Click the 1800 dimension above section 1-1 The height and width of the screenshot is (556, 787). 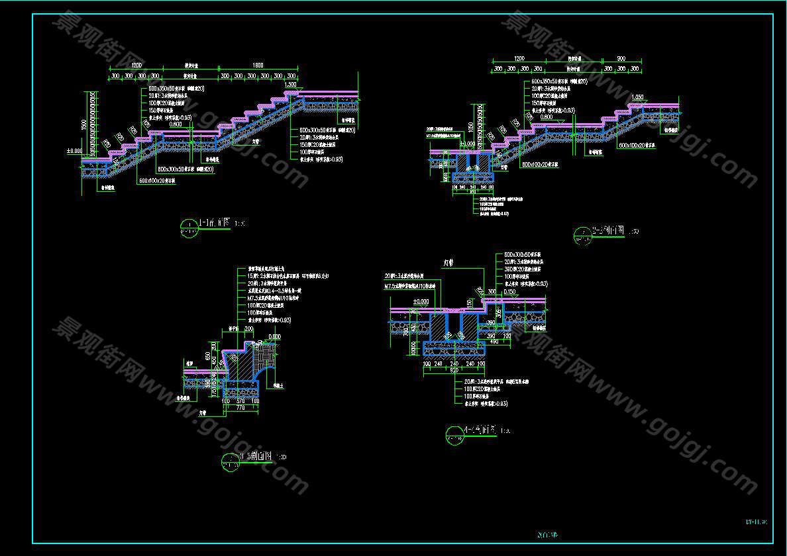click(x=258, y=66)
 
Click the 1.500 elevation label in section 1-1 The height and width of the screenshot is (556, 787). click(x=290, y=85)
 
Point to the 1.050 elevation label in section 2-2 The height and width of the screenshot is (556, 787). click(x=638, y=97)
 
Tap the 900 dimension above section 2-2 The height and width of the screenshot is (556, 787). click(x=621, y=59)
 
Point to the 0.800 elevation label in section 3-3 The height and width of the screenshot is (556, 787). click(x=274, y=336)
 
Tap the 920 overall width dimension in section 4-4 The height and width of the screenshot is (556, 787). click(x=455, y=371)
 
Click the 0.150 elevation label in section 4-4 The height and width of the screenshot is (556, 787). click(x=509, y=291)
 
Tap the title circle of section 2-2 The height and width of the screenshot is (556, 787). click(x=582, y=235)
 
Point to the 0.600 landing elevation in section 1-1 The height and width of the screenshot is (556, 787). click(x=175, y=124)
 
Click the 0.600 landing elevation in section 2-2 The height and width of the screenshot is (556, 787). click(x=547, y=117)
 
